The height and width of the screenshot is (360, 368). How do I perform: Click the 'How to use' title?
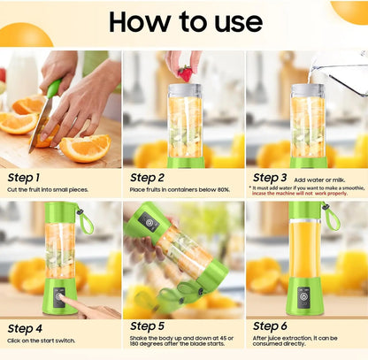click(x=184, y=21)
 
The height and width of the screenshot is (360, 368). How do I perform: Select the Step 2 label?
click(x=148, y=178)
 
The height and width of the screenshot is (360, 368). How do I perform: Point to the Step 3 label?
click(x=272, y=178)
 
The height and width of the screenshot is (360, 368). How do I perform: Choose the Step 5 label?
click(x=148, y=326)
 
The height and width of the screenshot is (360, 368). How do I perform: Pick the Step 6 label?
click(x=272, y=326)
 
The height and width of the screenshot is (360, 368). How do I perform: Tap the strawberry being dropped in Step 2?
click(x=185, y=73)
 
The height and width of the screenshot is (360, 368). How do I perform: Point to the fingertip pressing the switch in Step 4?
click(x=67, y=303)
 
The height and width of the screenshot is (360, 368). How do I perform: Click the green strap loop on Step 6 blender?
click(x=332, y=217)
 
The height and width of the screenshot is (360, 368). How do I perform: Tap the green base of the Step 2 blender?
click(x=186, y=161)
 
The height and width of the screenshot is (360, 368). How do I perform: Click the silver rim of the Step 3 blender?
click(x=308, y=90)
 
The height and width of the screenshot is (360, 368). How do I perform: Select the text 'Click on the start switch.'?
click(x=43, y=340)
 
